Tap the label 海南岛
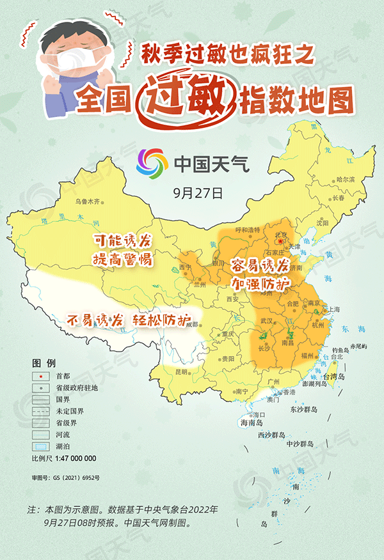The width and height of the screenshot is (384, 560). (x=252, y=423)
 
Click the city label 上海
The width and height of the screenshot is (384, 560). (x=333, y=309)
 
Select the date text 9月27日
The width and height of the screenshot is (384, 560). (x=198, y=191)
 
